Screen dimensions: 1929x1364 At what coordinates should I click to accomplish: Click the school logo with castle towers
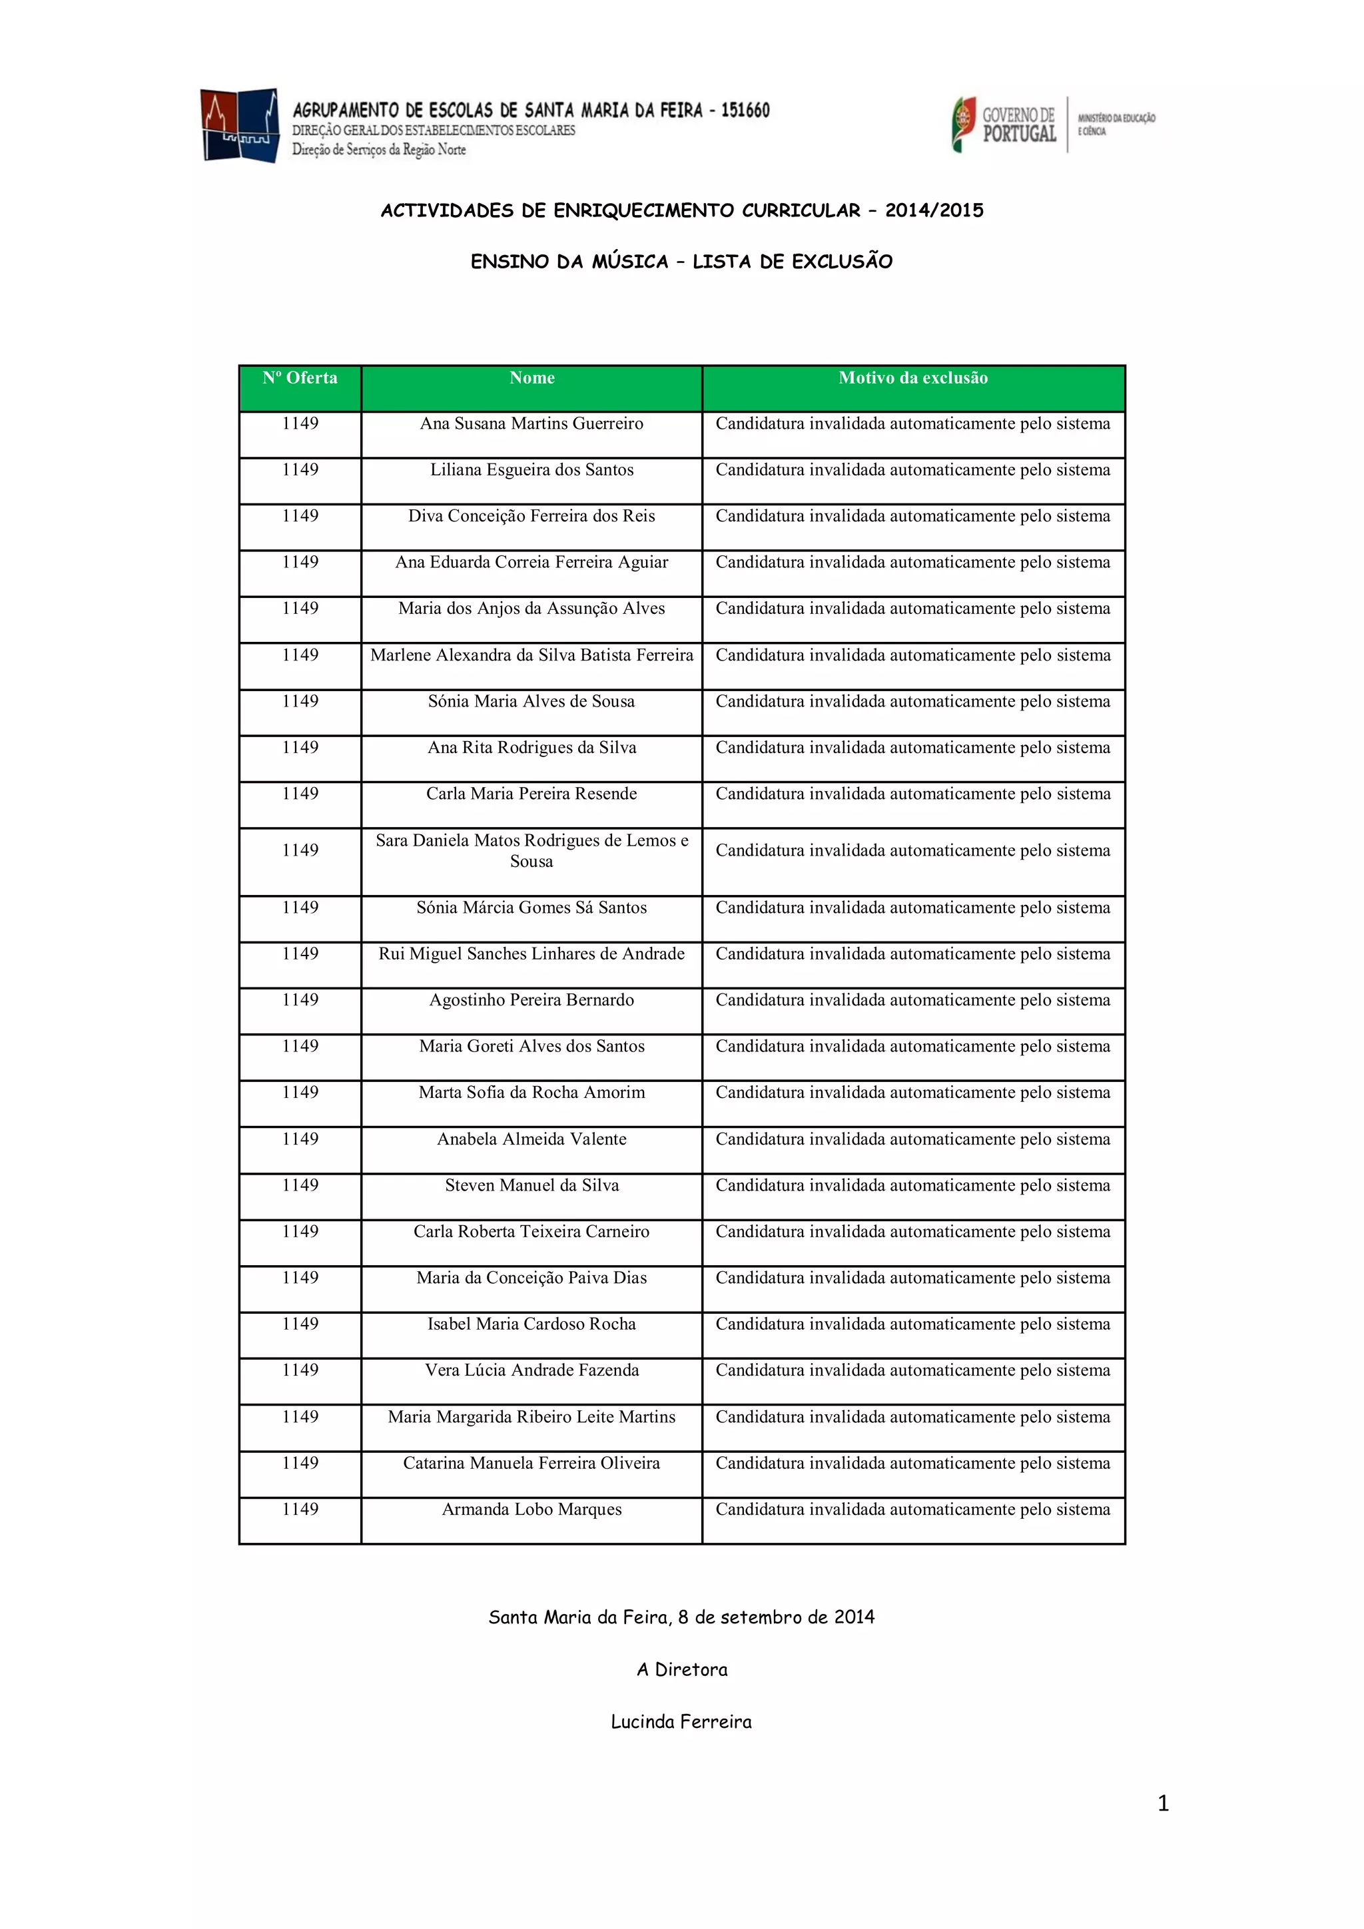[x=240, y=125]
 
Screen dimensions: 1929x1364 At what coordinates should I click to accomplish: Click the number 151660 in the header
[x=745, y=110]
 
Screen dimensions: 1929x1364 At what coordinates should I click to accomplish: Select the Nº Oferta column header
[x=300, y=378]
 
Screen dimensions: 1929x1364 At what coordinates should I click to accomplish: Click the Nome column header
[x=532, y=378]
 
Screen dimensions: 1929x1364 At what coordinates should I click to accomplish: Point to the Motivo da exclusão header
[x=912, y=378]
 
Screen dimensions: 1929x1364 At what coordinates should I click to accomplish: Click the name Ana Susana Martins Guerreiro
[x=532, y=423]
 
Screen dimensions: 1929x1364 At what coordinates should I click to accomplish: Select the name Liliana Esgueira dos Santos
[x=532, y=469]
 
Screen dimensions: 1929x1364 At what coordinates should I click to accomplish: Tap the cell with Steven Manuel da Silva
[x=532, y=1185]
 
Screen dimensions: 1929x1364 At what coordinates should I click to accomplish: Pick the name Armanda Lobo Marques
[x=532, y=1509]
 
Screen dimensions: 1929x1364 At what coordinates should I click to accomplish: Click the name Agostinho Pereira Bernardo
[x=532, y=999]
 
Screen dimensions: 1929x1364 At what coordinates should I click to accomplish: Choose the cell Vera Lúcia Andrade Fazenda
[x=532, y=1370]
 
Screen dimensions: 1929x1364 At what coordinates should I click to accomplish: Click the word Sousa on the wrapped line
[x=532, y=861]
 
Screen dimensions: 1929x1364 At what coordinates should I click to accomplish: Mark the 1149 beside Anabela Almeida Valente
[x=300, y=1139]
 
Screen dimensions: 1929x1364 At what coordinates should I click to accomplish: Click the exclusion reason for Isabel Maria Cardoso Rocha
[x=912, y=1324]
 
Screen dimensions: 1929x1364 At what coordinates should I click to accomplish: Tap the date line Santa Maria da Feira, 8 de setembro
[x=681, y=1617]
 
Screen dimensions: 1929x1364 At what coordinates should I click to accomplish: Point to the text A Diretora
[x=681, y=1669]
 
